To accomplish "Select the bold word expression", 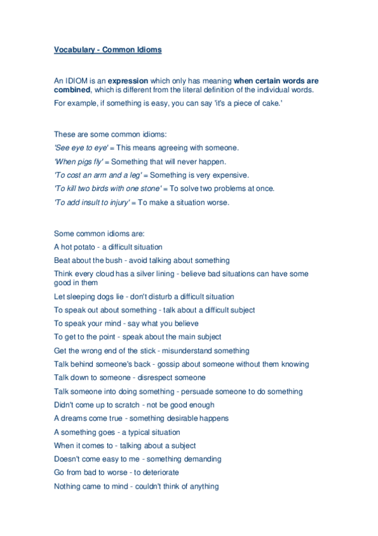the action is coord(128,81).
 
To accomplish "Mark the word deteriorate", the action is coord(160,473).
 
